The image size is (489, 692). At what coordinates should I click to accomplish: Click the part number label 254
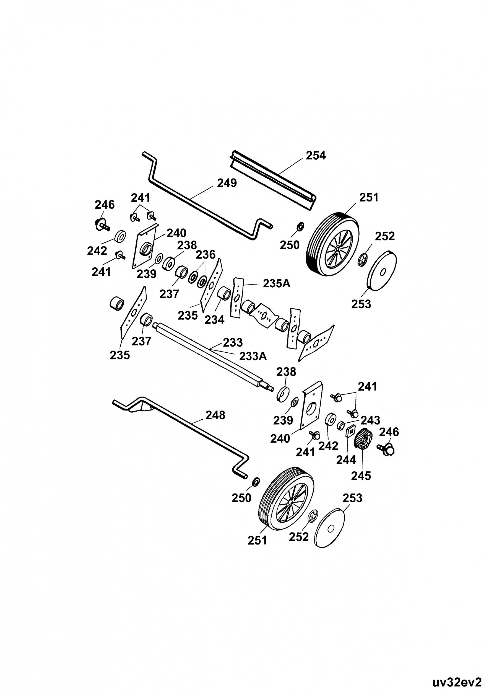[316, 156]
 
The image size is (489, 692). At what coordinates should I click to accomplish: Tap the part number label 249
[227, 183]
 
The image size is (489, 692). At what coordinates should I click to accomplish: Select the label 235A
[276, 284]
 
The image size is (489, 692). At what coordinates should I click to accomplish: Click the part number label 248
[215, 415]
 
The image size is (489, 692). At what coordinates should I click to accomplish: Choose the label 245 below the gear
[361, 476]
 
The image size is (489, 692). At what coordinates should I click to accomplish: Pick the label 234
[214, 320]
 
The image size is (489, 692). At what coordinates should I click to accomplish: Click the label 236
[206, 255]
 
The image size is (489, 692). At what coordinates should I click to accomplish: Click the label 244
[346, 460]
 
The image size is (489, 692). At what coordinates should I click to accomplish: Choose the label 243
[370, 420]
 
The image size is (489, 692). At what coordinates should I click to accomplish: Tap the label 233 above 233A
[233, 342]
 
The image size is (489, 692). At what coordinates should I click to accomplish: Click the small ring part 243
[340, 425]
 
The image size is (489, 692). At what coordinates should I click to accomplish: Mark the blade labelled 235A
[237, 298]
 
